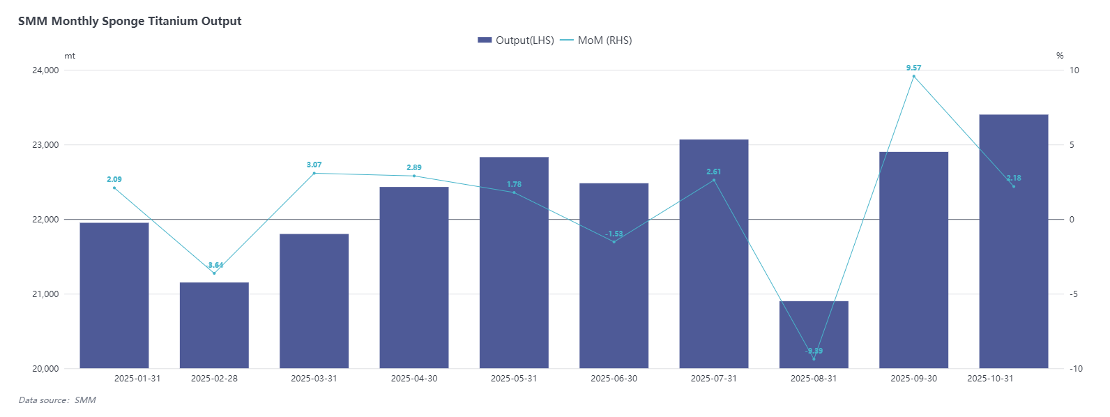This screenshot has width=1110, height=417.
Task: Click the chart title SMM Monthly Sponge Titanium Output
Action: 130,21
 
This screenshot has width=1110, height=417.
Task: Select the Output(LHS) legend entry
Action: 516,40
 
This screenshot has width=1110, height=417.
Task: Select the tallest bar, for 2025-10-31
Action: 1013,241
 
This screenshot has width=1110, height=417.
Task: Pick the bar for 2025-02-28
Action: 214,325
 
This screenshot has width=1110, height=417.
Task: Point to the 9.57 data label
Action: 913,68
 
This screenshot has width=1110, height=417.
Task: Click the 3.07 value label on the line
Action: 314,165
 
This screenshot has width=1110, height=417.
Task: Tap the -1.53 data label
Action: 614,234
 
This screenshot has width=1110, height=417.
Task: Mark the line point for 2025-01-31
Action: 114,188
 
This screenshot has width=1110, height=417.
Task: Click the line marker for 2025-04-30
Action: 414,176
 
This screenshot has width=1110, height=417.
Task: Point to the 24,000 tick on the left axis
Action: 45,70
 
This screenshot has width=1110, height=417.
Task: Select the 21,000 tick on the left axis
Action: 45,294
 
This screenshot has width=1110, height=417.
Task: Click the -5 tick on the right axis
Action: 1074,294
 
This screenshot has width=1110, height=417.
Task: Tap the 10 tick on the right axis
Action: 1074,70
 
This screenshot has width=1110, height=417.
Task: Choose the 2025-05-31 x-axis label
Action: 514,379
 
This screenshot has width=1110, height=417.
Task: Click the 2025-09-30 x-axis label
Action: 913,379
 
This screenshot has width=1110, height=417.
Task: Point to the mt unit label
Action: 70,56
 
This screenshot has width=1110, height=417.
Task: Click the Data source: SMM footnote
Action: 57,400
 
